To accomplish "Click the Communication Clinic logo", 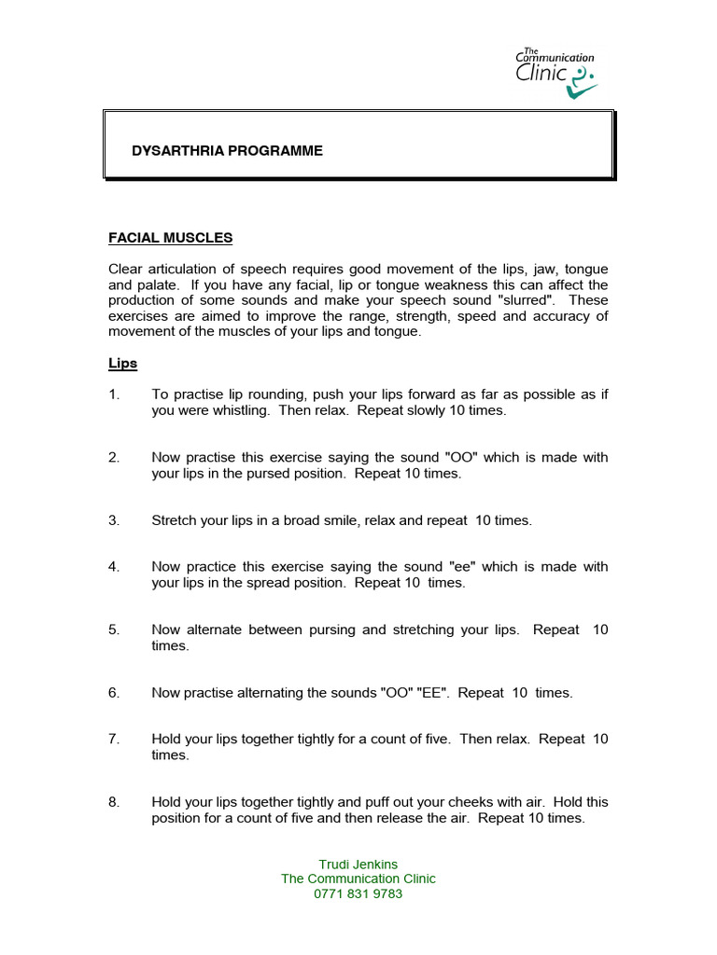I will tap(555, 72).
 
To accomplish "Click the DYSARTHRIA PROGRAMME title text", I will tap(229, 150).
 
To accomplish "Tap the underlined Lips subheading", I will tap(123, 363).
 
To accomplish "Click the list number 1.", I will tap(114, 394).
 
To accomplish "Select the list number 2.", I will tap(114, 457).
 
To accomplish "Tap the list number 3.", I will tap(114, 520).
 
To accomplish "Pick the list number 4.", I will tap(114, 566).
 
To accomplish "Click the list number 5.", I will tap(114, 630).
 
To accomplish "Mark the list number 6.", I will tap(114, 693).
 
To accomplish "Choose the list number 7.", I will tap(114, 739).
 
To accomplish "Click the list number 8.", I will tap(114, 802).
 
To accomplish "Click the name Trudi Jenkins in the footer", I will tap(358, 864).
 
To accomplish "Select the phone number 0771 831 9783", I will tap(358, 893).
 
